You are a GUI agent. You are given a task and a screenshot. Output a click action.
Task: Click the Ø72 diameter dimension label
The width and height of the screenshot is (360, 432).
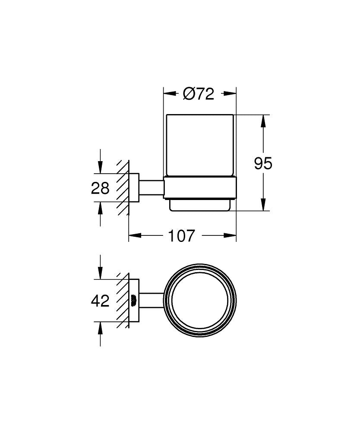pos(199,94)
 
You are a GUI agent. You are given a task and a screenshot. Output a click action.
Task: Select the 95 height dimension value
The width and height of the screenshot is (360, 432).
pos(263,164)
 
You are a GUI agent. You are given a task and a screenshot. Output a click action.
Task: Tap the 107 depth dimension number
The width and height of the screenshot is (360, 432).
pos(182,236)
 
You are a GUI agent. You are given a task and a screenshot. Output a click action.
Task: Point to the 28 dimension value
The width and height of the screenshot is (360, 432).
pos(100,188)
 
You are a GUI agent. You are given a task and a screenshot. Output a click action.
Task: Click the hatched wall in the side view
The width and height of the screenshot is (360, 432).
pos(123,188)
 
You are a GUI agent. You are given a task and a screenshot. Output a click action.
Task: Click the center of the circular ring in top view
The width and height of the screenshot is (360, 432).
pos(199,300)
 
